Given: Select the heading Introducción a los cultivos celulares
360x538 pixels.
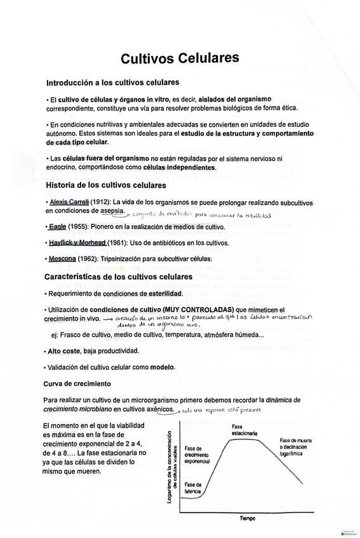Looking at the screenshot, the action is point(112,83).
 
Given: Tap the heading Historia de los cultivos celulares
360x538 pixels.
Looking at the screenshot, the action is point(106,186).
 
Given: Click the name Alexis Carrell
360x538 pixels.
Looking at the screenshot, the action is point(69,202).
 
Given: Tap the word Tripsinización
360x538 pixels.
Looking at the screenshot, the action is point(114,259).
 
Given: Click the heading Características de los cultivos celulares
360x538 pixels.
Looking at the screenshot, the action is point(118,277).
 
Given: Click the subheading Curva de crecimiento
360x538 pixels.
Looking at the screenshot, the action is point(77,384).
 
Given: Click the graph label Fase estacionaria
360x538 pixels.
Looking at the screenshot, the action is point(244,430).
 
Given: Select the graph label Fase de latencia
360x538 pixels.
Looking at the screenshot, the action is point(194,487).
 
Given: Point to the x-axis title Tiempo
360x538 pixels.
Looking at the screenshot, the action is point(248,518).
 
